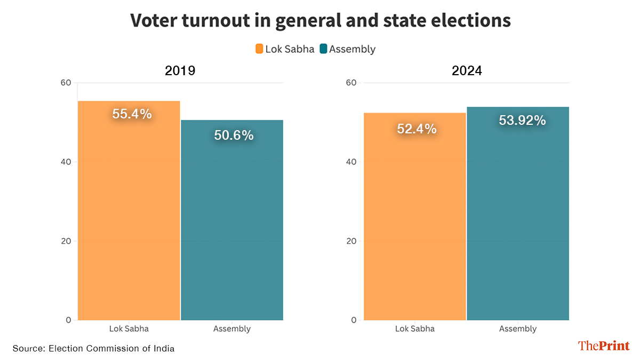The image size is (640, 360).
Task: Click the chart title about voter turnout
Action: [321, 20]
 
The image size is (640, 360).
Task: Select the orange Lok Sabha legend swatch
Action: [259, 49]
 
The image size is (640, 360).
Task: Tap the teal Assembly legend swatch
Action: [323, 49]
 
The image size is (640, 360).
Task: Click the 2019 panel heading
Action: [180, 70]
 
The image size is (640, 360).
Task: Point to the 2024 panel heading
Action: [467, 70]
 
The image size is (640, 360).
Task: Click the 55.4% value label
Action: [132, 114]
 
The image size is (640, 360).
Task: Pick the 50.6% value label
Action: [234, 135]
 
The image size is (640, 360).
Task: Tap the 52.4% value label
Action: [417, 129]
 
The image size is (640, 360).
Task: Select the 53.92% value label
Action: [522, 121]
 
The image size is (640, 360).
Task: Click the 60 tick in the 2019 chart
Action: [66, 83]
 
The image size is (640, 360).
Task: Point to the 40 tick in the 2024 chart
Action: [351, 162]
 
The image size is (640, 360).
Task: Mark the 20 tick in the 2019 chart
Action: [66, 241]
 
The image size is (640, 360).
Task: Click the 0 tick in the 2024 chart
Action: [354, 320]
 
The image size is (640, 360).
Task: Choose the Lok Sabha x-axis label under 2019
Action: [129, 329]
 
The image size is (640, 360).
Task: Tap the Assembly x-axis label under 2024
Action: [518, 329]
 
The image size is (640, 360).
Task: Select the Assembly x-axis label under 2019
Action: [232, 329]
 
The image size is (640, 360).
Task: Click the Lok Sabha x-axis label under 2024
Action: [415, 329]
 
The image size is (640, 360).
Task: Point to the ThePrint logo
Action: [604, 346]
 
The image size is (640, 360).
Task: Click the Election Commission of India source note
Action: [93, 349]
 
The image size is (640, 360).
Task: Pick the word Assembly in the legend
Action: [353, 49]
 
